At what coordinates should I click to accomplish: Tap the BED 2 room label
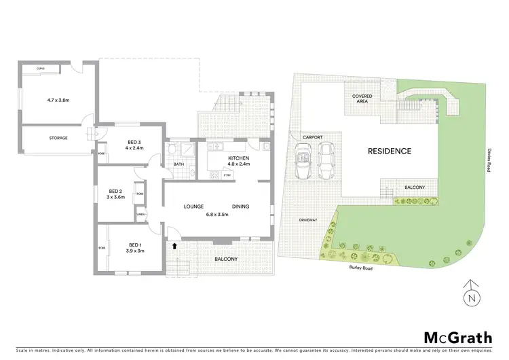click(115, 192)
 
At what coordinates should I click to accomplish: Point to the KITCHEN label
click(239, 158)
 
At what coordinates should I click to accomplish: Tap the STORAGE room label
click(58, 138)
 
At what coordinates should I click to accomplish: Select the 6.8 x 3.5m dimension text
click(214, 215)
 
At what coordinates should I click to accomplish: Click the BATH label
click(179, 164)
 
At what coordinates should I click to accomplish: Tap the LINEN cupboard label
click(140, 215)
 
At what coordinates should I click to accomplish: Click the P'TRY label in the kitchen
click(228, 176)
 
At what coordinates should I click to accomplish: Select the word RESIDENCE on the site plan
click(390, 151)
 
